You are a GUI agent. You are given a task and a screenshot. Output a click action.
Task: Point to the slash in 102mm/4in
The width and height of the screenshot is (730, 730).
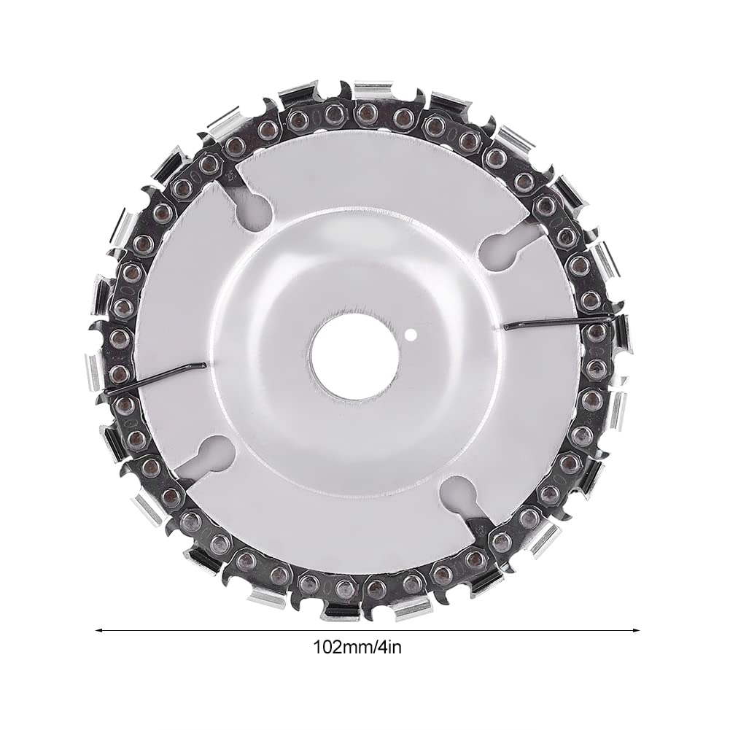374,647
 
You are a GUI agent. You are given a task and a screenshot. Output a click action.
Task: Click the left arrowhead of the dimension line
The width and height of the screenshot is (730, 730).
98,631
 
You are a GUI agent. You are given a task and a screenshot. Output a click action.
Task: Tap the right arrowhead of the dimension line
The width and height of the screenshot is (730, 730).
635,631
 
